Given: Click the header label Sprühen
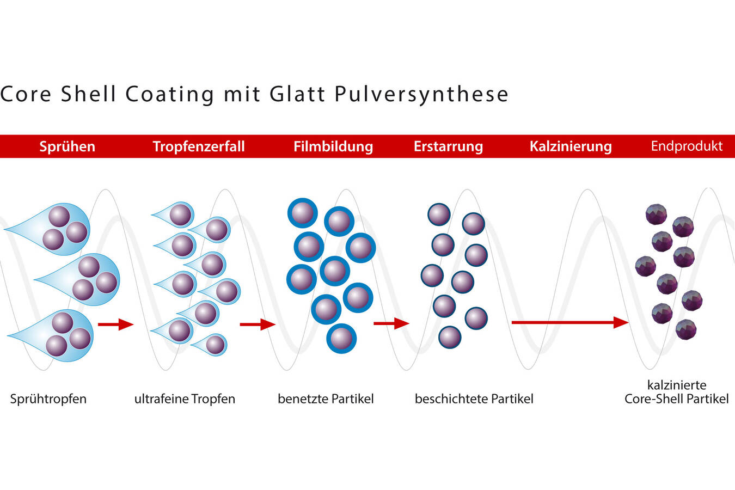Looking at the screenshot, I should (x=67, y=146).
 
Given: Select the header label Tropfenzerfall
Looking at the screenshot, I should (x=199, y=146).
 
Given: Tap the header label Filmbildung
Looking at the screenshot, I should (x=333, y=146).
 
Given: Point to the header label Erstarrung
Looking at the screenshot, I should (x=448, y=146).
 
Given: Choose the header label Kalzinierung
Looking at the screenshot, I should (x=571, y=146).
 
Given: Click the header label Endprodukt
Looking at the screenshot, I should (x=687, y=146).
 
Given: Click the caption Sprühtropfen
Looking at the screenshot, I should (x=48, y=399).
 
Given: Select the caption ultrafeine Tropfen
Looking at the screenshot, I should (x=185, y=399).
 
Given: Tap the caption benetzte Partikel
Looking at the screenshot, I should (x=326, y=399).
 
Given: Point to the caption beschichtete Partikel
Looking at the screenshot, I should (x=474, y=399).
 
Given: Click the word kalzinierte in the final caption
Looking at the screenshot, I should (x=677, y=385).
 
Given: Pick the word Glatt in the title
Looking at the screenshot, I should (x=297, y=94).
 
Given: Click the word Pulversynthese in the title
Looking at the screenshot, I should (x=421, y=94).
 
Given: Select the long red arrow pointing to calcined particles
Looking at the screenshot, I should (x=569, y=322).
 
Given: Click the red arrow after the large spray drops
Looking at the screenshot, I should (x=115, y=324).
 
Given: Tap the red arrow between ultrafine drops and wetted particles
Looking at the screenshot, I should (x=258, y=324).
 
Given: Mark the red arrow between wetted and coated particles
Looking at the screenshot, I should (x=391, y=323).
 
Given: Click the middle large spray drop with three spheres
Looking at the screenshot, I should (x=87, y=279).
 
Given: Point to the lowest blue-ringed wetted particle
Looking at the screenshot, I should (x=341, y=338).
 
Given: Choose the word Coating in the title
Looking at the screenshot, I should (x=170, y=94).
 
